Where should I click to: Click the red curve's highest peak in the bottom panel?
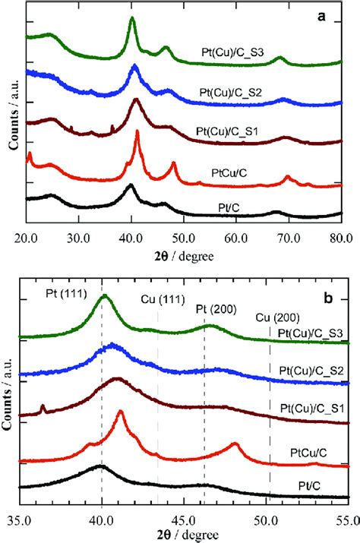point(120,412)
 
